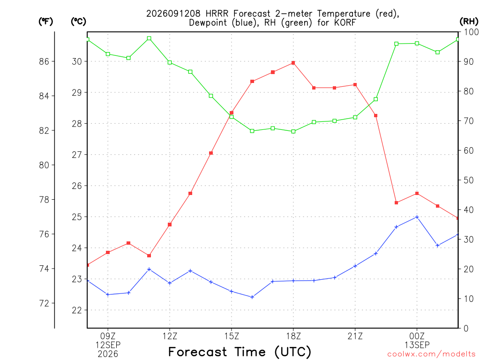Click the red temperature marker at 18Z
point(293,63)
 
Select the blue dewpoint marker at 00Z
point(417,217)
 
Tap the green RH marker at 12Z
point(170,62)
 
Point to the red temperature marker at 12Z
point(170,225)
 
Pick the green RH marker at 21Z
point(355,117)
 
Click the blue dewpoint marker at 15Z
point(232,292)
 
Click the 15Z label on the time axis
point(232,336)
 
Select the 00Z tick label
point(417,336)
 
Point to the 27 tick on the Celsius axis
point(77,155)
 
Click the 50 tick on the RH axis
point(469,180)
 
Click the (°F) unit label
point(45,22)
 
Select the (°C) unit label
point(78,22)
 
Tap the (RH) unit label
point(469,22)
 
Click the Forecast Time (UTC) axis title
point(240,352)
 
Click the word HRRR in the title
point(217,14)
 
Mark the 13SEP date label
point(417,345)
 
